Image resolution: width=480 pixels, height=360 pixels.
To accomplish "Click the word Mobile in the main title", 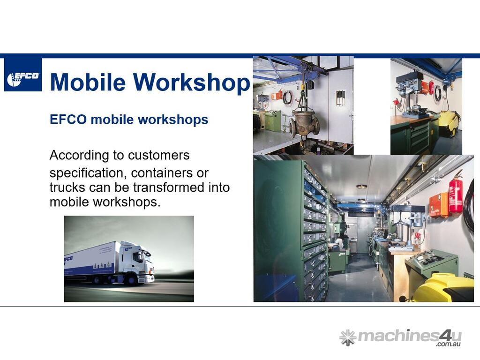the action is (88, 82).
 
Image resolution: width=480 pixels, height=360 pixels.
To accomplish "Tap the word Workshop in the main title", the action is (192, 82).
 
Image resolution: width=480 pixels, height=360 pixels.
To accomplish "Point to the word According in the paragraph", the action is (79, 155).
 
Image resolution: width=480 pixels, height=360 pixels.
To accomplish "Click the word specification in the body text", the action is (88, 173).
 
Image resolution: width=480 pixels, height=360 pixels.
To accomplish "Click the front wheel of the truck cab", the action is (132, 279).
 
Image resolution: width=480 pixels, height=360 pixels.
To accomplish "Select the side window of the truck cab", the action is (137, 257).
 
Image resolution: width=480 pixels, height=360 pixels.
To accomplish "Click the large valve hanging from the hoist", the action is (304, 123).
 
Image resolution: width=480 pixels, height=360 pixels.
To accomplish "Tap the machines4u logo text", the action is (410, 337).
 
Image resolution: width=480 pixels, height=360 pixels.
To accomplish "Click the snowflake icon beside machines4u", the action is (348, 337).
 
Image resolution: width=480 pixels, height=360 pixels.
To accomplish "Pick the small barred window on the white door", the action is (340, 97).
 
